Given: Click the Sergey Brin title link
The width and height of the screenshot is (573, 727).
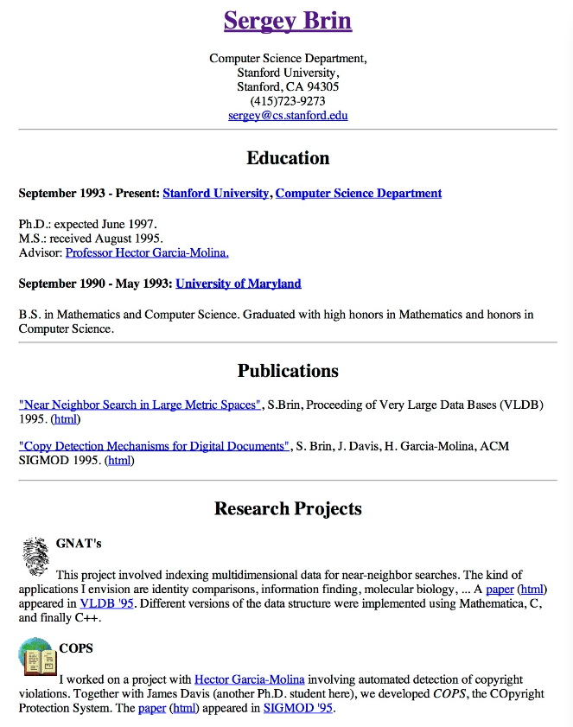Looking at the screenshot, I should tap(288, 21).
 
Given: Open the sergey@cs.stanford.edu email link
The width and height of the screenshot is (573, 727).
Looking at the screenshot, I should tap(288, 115).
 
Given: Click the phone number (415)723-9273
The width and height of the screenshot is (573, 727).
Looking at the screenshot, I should tap(288, 101).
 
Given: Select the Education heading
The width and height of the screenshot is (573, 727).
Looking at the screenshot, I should tap(288, 158).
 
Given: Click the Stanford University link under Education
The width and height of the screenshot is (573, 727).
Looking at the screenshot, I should tap(215, 194).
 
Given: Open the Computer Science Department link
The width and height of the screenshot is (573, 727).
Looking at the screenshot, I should tap(359, 194).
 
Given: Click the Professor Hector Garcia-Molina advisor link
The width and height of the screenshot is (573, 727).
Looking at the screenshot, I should tap(147, 253).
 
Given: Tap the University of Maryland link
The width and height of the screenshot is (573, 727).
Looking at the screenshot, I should tap(239, 284).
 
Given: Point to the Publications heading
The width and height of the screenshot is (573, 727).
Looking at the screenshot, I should tap(288, 371).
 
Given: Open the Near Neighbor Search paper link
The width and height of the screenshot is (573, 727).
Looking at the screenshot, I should tap(139, 405).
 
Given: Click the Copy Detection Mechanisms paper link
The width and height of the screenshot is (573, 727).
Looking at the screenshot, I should tap(154, 447).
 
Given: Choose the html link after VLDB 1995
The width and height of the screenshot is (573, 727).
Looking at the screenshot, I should tap(66, 419).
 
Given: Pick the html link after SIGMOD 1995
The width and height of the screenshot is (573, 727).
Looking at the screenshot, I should tap(119, 461).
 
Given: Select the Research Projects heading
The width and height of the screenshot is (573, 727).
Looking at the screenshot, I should tap(288, 508).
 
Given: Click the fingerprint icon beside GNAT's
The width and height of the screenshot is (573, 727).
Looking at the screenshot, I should tap(35, 556).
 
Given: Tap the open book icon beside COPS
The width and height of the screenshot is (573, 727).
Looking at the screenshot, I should tap(36, 657).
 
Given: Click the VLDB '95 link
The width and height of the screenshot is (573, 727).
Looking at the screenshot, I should tap(107, 603).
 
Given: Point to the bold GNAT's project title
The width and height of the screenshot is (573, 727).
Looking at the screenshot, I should tap(79, 544).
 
